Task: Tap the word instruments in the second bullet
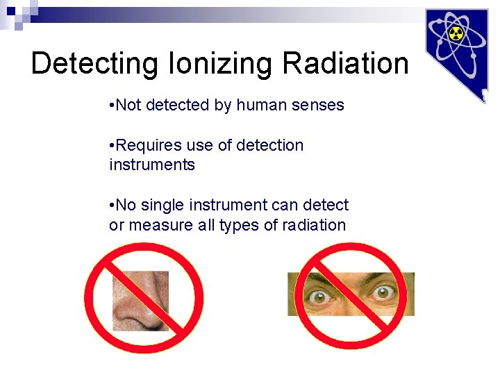(152, 165)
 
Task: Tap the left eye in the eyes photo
(322, 295)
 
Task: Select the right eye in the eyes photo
(381, 294)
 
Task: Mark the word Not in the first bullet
(128, 105)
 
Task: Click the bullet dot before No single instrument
(112, 206)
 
